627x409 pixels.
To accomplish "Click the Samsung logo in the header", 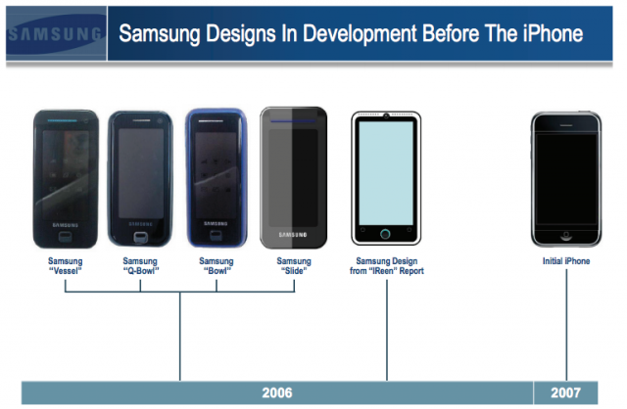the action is click(x=55, y=34).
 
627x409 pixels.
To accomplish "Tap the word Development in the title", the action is click(x=360, y=34).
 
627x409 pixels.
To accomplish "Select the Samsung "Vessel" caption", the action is click(x=66, y=266).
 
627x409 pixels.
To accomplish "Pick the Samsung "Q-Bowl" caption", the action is click(x=140, y=266).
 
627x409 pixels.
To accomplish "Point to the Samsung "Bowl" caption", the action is click(x=217, y=266).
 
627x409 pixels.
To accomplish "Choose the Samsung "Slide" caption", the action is click(x=294, y=266).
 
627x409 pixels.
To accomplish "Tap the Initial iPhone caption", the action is click(x=566, y=261).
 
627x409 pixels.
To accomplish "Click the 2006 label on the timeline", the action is click(x=277, y=393).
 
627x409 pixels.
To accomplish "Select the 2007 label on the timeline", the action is click(x=565, y=393).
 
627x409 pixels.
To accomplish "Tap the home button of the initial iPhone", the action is click(x=566, y=235).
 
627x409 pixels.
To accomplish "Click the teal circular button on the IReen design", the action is click(x=385, y=234).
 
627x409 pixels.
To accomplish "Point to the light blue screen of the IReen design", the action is click(x=386, y=173).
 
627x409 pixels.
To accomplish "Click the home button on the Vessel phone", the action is click(x=66, y=237).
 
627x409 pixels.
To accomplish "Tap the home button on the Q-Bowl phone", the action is click(x=140, y=237).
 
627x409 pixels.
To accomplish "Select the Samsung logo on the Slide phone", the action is click(x=293, y=235).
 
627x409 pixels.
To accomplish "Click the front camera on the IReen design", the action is click(x=386, y=116).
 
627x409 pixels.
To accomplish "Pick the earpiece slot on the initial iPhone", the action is click(x=566, y=125).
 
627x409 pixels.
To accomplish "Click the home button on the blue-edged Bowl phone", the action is click(x=217, y=236).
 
